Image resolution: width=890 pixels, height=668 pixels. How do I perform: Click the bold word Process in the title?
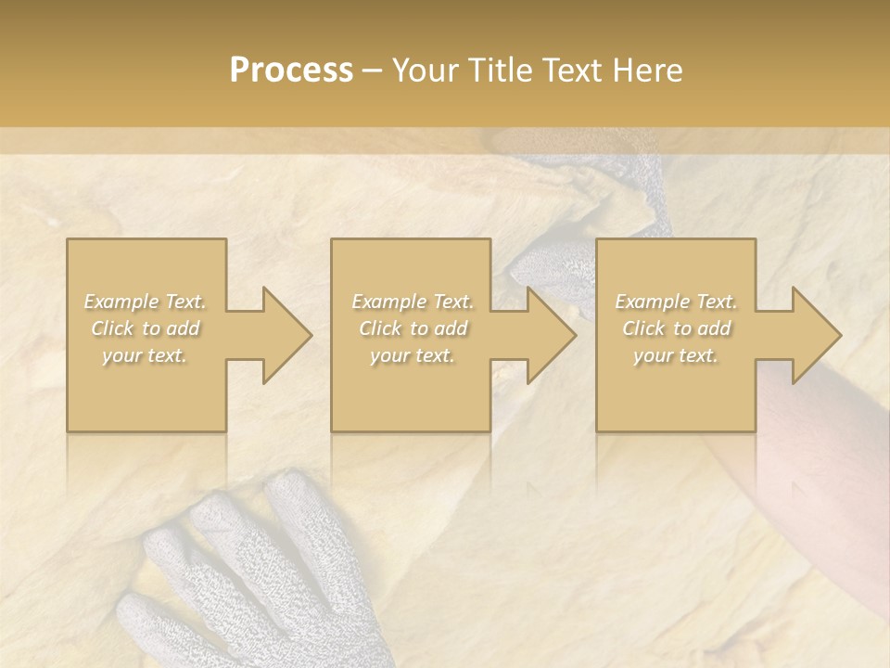[291, 71]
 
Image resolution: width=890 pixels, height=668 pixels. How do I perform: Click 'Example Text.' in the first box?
[146, 302]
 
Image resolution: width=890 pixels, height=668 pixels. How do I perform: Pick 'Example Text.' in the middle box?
[413, 302]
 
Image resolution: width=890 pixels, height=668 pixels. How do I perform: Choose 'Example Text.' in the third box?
[676, 302]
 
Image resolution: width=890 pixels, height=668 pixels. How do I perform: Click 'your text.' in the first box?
[146, 355]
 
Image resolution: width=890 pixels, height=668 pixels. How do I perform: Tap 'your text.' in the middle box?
[413, 355]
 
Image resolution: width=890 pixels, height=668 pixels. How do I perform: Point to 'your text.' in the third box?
[676, 355]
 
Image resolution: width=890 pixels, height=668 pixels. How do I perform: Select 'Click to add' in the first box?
[146, 328]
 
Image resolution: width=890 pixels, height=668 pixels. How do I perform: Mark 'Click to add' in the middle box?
[413, 328]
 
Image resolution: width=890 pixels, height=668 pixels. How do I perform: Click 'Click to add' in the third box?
[676, 328]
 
